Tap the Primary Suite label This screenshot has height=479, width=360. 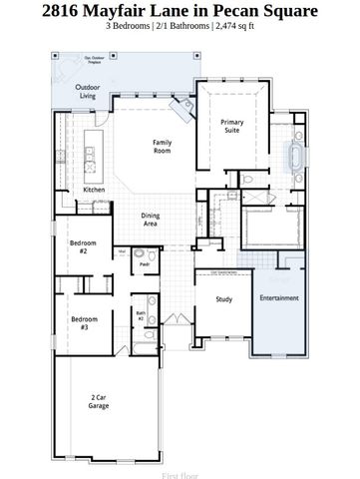[231, 126]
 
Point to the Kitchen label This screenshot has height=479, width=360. [94, 189]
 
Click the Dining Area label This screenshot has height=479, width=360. [150, 220]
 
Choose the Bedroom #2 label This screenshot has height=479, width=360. [81, 247]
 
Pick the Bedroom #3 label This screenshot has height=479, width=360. [81, 323]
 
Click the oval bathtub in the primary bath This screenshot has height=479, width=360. [295, 157]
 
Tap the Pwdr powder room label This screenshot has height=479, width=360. [144, 265]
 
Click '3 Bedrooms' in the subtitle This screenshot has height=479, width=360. [119, 32]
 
